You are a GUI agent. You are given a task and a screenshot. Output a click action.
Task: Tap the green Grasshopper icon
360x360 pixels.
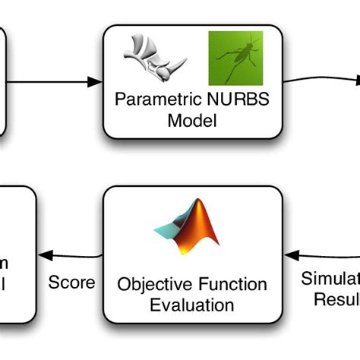pos(235,58)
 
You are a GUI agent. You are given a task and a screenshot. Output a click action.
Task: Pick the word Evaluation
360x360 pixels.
pos(192,305)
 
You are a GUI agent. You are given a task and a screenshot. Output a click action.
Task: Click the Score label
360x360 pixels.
pos(72,283)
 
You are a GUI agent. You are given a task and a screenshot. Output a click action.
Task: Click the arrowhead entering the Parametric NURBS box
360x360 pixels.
pos(96,81)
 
